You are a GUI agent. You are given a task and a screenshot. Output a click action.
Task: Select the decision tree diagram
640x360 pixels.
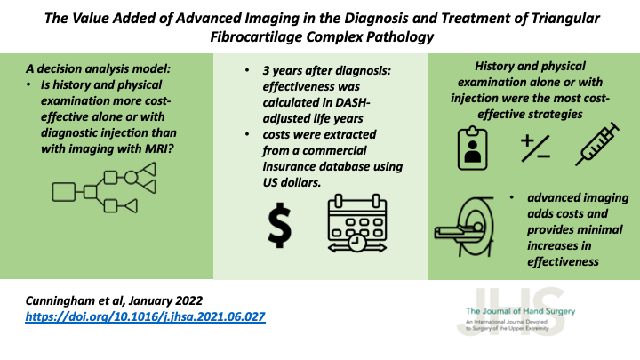tap(105, 188)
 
